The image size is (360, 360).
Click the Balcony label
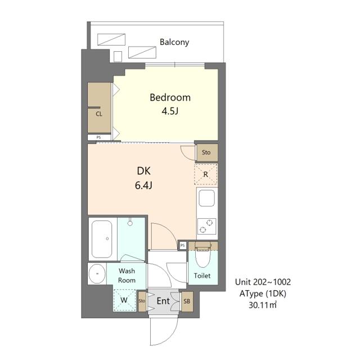coord(174,42)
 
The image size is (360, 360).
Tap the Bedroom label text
coord(170,97)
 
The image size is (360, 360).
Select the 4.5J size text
coord(170,111)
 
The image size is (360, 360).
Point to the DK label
coord(144,171)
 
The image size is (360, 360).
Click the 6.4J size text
coord(143,185)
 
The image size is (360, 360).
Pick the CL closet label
coord(99,114)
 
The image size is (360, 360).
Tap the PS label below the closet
coord(99,137)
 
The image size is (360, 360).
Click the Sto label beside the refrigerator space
coord(206,152)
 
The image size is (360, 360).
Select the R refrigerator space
coord(206,174)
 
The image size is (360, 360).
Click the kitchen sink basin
coord(206,198)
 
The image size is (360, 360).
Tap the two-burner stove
coord(206,226)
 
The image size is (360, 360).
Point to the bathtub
coord(102,239)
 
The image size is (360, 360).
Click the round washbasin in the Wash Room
coord(97,274)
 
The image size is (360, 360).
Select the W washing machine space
coord(124,300)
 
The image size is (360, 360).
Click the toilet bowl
coord(202,258)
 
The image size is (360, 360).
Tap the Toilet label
coord(202,276)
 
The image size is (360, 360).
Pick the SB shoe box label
coord(187,301)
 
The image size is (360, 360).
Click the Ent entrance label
coord(163,301)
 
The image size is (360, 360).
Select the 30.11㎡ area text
coord(263,305)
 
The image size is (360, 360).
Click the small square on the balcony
coord(118,56)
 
